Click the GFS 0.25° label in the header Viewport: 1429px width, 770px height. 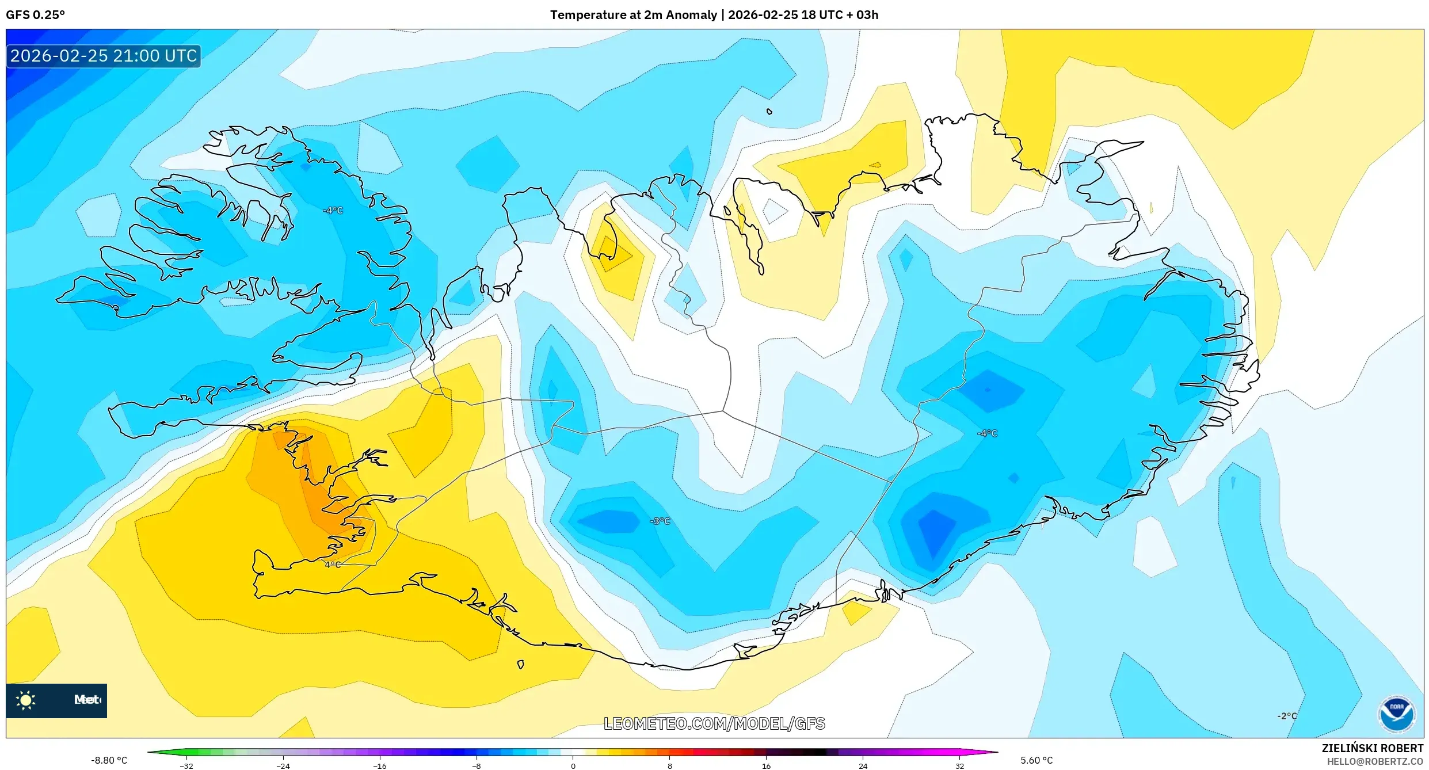[35, 15]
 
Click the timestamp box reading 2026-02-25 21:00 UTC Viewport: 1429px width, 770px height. [104, 56]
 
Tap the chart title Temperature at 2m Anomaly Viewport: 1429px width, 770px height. [633, 15]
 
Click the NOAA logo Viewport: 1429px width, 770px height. [1397, 714]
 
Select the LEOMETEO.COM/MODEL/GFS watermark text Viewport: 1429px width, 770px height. [714, 723]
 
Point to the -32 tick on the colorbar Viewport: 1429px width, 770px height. [186, 766]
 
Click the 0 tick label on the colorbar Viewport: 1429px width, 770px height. [573, 766]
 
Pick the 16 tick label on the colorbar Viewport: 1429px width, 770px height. [766, 766]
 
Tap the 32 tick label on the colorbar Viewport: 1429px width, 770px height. [959, 766]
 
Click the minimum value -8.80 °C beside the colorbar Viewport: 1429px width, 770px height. [109, 760]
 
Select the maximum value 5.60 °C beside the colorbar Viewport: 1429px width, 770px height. [1036, 760]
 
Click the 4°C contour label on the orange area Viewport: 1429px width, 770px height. [333, 565]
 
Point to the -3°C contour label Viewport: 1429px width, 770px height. [660, 521]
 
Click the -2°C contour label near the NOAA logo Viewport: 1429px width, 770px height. [1287, 716]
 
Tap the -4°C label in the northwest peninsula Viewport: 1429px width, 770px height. [333, 211]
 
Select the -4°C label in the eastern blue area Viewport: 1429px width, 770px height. [987, 433]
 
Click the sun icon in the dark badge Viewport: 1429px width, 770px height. [25, 700]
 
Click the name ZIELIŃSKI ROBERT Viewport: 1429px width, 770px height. [1372, 748]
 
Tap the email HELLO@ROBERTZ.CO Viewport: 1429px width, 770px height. [1374, 761]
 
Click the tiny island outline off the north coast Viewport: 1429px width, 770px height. [769, 112]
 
